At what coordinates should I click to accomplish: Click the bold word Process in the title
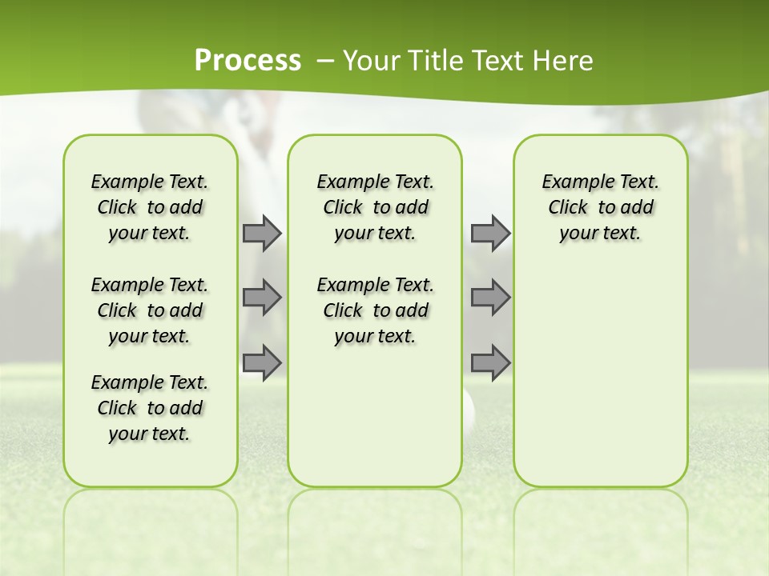248,61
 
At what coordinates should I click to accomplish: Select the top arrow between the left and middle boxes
262,233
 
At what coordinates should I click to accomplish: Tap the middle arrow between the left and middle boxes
262,298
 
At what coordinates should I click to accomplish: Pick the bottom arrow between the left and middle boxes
262,362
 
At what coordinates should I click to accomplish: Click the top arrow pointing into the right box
490,233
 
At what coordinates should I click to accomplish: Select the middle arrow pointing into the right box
490,298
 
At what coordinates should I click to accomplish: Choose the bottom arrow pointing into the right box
490,362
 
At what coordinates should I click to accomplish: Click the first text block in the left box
150,207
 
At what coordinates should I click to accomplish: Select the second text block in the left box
150,310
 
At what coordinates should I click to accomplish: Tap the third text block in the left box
150,408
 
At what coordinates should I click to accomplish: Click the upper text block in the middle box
375,207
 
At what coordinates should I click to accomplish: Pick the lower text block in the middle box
375,310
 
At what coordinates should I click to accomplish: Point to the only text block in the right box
600,207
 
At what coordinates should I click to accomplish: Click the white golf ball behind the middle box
469,408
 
